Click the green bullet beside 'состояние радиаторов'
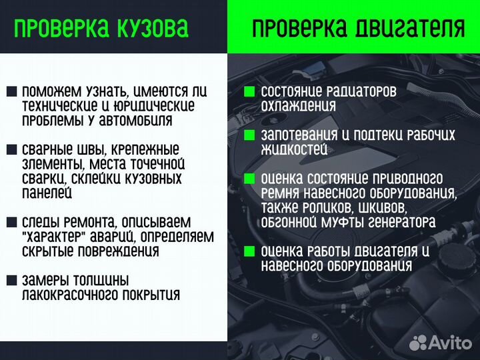(249, 91)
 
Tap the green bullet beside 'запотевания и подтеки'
(249, 135)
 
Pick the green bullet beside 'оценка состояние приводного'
(249, 179)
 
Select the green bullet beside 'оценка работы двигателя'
(249, 251)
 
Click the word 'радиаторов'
(360, 91)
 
